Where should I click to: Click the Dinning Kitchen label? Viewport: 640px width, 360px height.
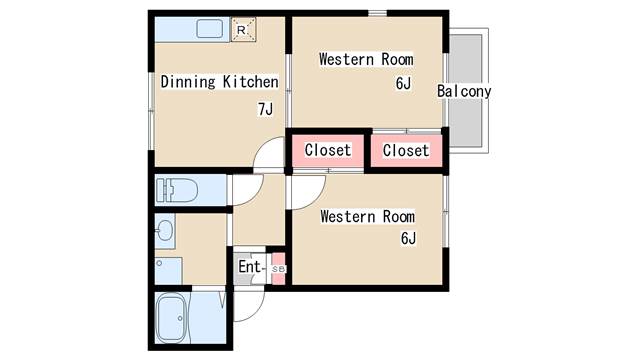tap(219, 82)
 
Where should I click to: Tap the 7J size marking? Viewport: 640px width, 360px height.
tap(265, 109)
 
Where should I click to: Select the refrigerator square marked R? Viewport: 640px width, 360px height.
tap(243, 29)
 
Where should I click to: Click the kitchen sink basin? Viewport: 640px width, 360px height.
tap(210, 29)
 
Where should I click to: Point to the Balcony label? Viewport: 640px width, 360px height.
tap(464, 91)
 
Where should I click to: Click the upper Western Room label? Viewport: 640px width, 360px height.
tap(366, 60)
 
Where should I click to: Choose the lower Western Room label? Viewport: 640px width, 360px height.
tap(367, 217)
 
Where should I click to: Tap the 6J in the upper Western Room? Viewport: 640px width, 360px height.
tap(403, 83)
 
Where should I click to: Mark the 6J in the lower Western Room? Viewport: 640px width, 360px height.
tap(408, 238)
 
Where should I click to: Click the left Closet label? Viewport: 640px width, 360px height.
tap(328, 150)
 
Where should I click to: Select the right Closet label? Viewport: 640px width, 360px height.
tap(406, 151)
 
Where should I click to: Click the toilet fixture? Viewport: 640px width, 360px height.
tap(176, 190)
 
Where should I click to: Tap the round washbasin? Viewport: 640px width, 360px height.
tap(165, 231)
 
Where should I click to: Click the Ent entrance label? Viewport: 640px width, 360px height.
tap(249, 267)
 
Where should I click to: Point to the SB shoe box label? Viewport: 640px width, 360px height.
tap(278, 269)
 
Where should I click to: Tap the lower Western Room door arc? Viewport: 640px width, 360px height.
tap(316, 200)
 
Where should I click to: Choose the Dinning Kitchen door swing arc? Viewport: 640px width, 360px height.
tap(262, 145)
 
